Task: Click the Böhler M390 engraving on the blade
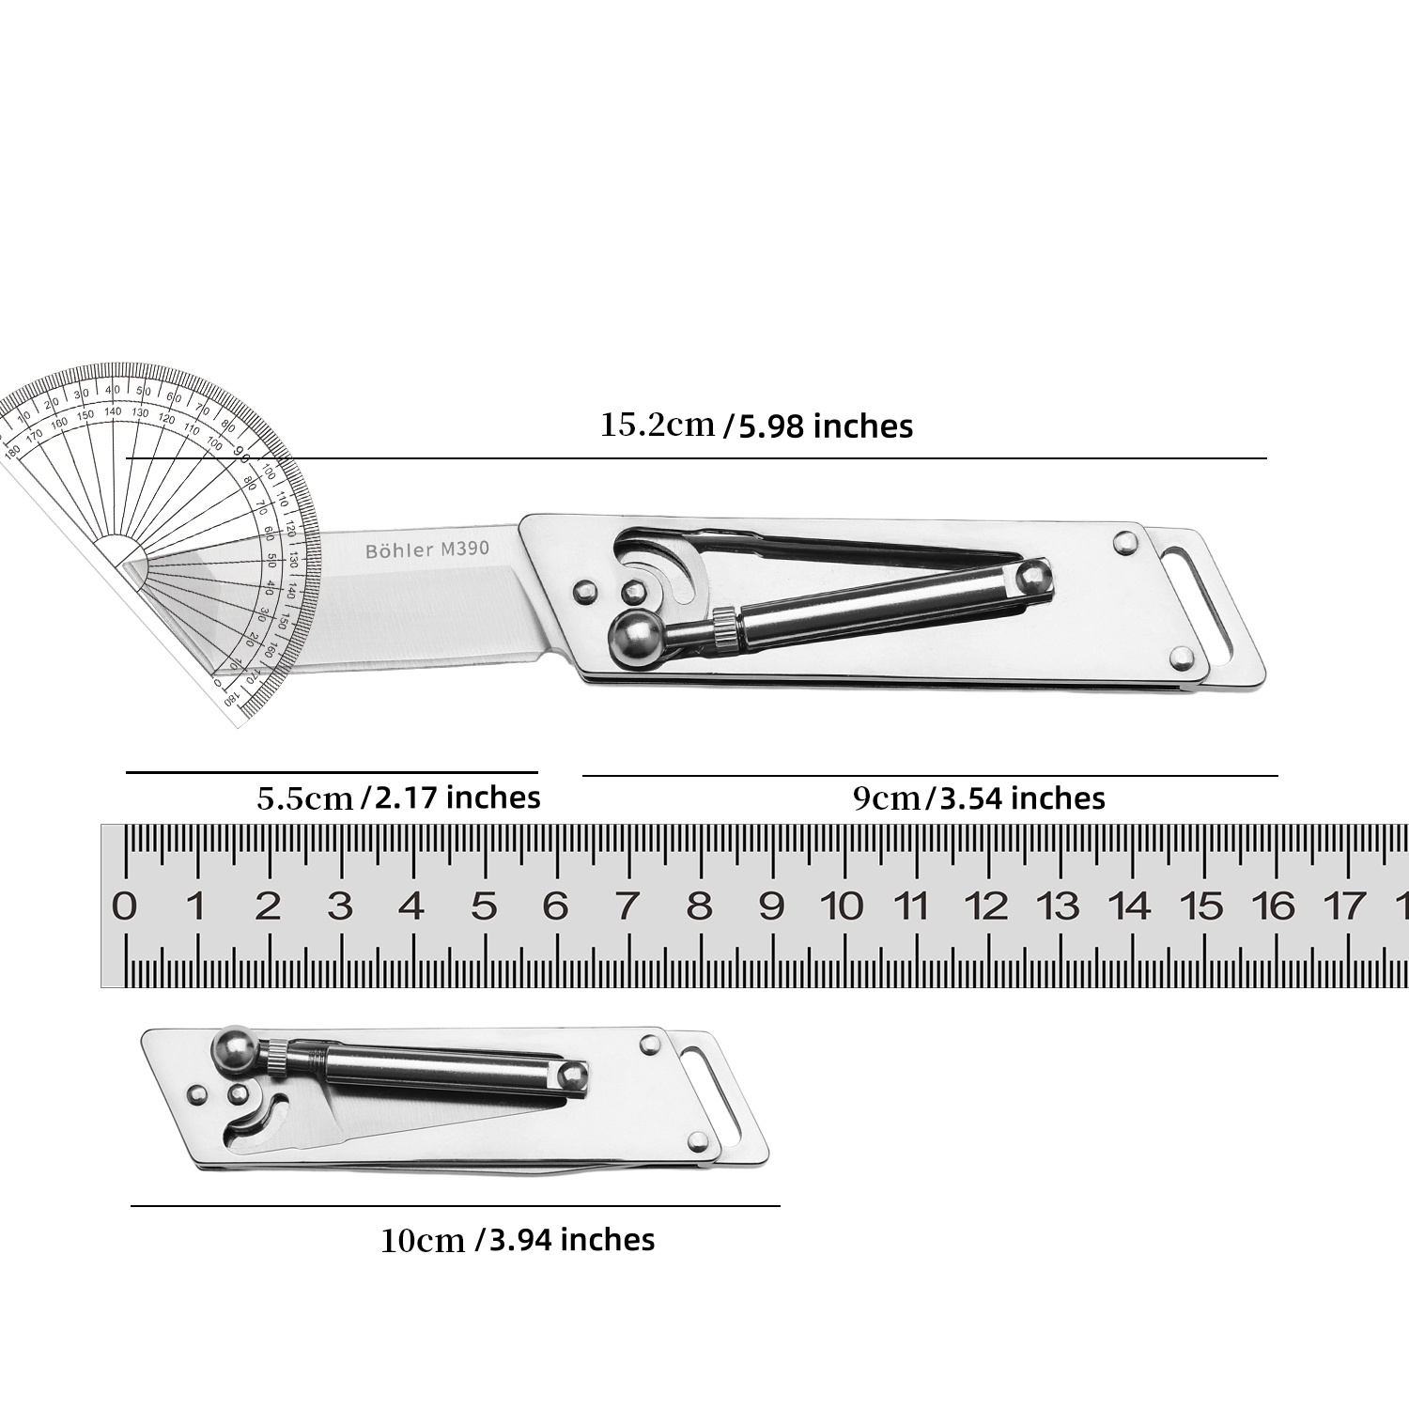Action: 427,550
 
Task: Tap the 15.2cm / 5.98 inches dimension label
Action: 756,426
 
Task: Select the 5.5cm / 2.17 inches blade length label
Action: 398,797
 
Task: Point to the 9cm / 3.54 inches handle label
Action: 978,798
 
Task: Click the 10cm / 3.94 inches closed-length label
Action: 518,1240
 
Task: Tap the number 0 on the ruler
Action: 124,906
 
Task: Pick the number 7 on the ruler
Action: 627,906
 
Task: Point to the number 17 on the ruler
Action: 1344,906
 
